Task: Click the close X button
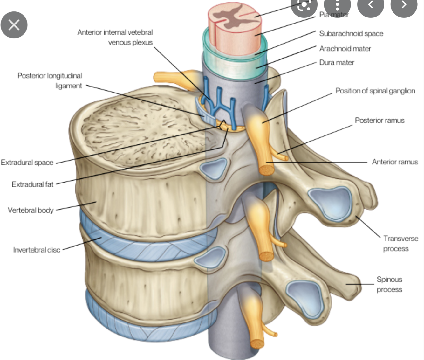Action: pos(14,25)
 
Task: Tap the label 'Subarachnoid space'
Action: pos(351,34)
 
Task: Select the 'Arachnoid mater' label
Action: pos(345,49)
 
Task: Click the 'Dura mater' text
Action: pos(337,63)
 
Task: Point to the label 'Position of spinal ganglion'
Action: pos(375,91)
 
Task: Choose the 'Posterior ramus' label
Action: pos(380,120)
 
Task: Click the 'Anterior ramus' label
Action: pos(395,162)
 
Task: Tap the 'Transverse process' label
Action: pos(400,243)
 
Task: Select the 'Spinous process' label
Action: pos(389,284)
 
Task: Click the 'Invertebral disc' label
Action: pos(37,250)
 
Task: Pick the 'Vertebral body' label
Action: pos(31,210)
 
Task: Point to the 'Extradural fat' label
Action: pos(32,184)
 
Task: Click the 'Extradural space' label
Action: pos(27,163)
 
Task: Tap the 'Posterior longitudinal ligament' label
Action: pos(50,81)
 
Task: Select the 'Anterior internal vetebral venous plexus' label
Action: pos(115,37)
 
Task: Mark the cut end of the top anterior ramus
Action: pos(266,170)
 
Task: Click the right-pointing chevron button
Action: pos(404,4)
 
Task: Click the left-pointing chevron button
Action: pos(370,4)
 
